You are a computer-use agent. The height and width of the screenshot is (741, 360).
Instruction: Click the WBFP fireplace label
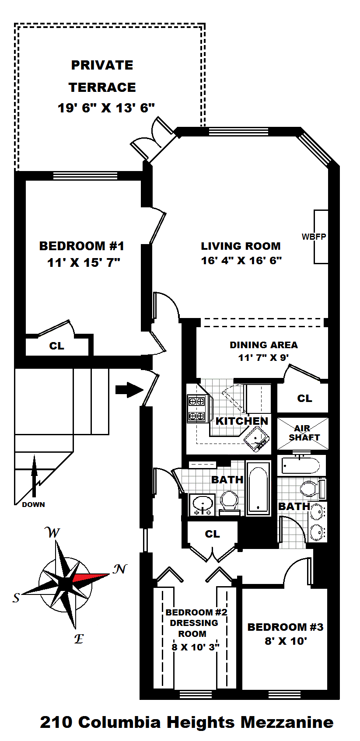click(314, 237)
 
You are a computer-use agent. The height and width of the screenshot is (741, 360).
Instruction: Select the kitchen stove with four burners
click(196, 408)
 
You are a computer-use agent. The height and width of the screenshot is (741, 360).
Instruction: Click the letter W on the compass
click(52, 533)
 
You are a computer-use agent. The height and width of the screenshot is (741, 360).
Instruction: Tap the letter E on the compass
click(79, 639)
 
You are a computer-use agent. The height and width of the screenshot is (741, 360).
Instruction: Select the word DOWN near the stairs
click(33, 504)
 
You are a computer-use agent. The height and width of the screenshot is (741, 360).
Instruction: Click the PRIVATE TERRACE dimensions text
click(106, 108)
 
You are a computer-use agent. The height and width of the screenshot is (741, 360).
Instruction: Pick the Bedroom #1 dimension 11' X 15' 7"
click(84, 262)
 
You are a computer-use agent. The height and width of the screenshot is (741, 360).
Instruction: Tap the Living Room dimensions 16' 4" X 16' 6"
click(241, 261)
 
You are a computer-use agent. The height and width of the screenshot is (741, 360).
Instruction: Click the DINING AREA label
click(263, 345)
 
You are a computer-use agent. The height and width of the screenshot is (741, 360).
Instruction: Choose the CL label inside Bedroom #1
click(56, 346)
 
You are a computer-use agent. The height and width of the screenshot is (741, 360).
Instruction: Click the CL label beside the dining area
click(304, 398)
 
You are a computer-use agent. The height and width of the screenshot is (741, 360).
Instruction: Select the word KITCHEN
click(241, 421)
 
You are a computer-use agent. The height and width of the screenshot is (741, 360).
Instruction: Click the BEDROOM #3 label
click(285, 627)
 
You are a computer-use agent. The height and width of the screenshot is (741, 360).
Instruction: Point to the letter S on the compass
click(16, 598)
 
